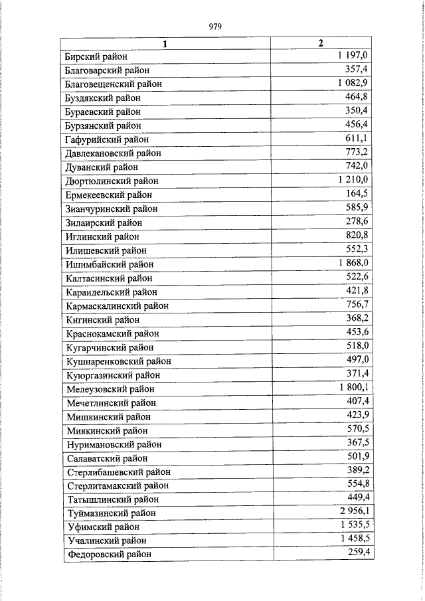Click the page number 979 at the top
click(214, 27)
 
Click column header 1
click(166, 44)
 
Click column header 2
click(321, 44)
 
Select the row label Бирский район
click(96, 57)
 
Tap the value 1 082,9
click(353, 83)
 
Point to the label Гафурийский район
click(107, 139)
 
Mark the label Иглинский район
click(103, 236)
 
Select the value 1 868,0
click(353, 263)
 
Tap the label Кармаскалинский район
click(117, 306)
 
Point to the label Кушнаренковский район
click(119, 361)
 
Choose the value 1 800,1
click(353, 387)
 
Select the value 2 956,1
click(353, 511)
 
